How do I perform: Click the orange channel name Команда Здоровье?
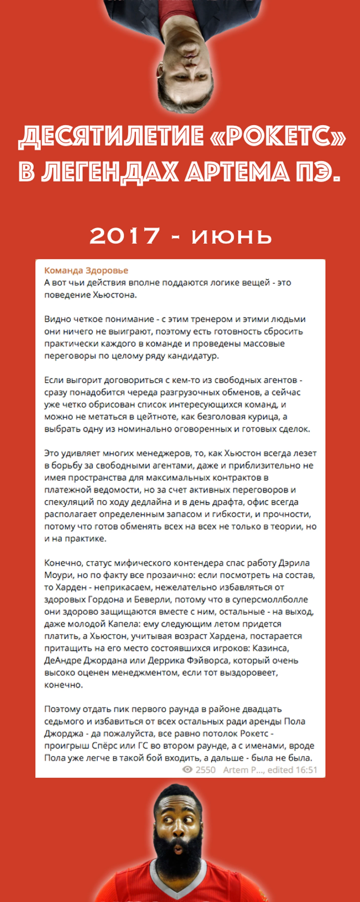(x=86, y=270)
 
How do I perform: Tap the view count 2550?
(x=206, y=770)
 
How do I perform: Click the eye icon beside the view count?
(x=187, y=770)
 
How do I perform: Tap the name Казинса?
(x=271, y=648)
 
